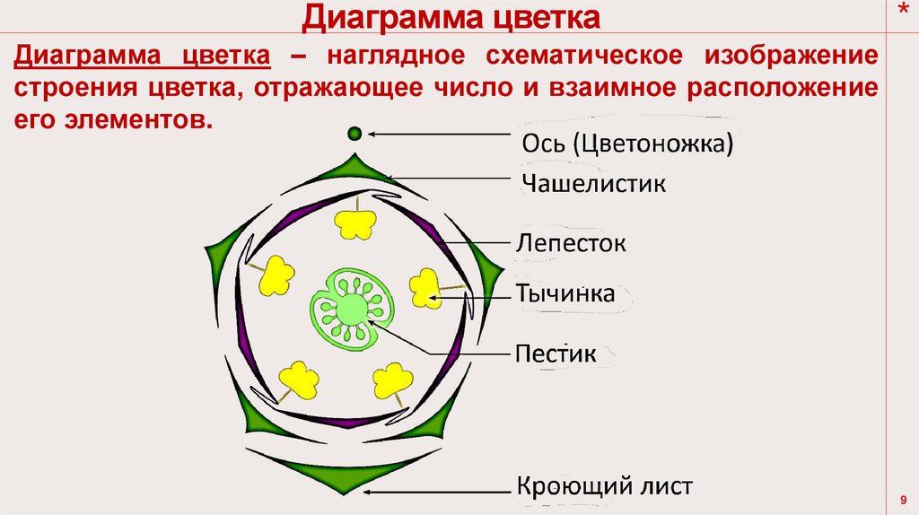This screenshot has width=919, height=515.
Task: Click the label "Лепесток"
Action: click(x=571, y=242)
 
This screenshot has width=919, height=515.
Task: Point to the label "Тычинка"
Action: click(x=565, y=293)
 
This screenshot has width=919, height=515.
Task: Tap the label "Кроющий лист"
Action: click(x=604, y=486)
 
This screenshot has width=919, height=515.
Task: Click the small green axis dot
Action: click(x=354, y=134)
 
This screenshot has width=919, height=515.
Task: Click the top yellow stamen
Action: click(x=354, y=223)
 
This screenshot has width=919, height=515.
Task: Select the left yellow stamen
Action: click(x=276, y=275)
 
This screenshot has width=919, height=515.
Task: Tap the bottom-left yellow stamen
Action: click(x=299, y=380)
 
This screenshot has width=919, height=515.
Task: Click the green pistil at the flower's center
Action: click(x=351, y=309)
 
